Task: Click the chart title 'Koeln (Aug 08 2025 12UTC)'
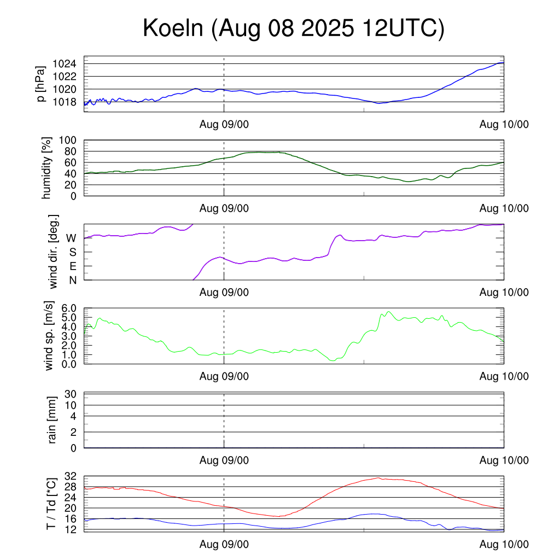coord(294,28)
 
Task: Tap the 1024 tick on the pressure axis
coord(67,64)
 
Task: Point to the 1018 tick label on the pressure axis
coord(67,102)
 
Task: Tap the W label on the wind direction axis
coord(71,238)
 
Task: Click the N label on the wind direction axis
coord(72,280)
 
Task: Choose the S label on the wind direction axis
coord(72,252)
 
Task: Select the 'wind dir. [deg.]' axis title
coord(54,252)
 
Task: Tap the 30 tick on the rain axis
coord(72,394)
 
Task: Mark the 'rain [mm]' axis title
coord(52,421)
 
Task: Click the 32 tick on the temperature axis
coord(72,477)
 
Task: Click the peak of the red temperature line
coord(378,478)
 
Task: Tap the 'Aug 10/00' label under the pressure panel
coord(504,125)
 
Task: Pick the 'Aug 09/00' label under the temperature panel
coord(224,544)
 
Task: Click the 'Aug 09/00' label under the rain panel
coord(224,460)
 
